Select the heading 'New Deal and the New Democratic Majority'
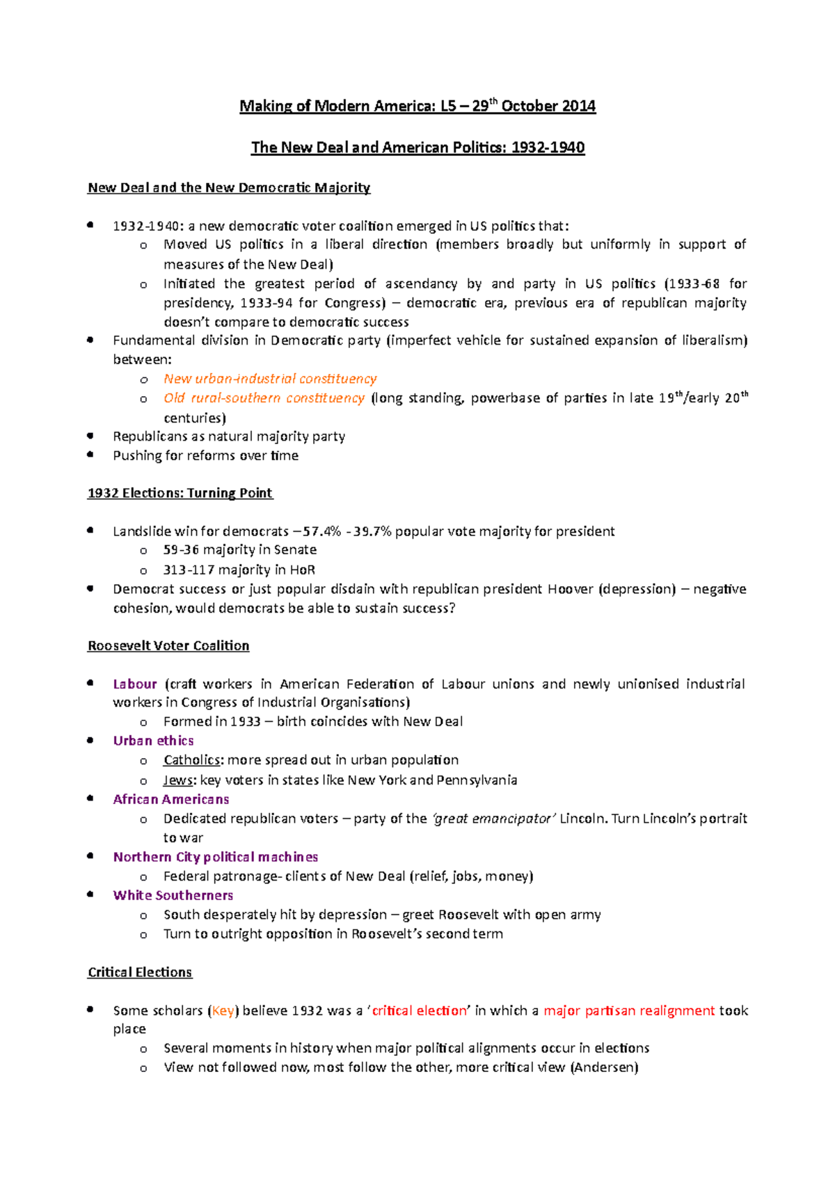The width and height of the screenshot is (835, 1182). pyautogui.click(x=228, y=188)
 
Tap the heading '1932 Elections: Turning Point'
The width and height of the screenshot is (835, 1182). pyautogui.click(x=180, y=493)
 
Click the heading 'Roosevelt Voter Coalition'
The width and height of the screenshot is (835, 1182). pyautogui.click(x=168, y=646)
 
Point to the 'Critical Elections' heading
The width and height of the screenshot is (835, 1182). pyautogui.click(x=139, y=972)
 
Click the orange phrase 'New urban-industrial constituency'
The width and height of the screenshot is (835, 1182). pyautogui.click(x=270, y=379)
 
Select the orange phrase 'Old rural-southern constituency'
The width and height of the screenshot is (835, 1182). pyautogui.click(x=264, y=398)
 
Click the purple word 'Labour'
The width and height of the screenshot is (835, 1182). pyautogui.click(x=135, y=684)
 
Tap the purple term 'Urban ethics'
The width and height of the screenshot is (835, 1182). pyautogui.click(x=153, y=741)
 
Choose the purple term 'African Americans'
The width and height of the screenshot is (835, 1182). pyautogui.click(x=170, y=799)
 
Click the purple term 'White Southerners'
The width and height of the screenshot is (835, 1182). pyautogui.click(x=173, y=895)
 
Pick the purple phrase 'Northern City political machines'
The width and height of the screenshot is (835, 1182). pyautogui.click(x=215, y=857)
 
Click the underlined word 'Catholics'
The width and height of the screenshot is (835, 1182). pyautogui.click(x=191, y=760)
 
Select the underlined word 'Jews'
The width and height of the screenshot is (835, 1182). pyautogui.click(x=177, y=780)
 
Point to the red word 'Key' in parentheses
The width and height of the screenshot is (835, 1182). pyautogui.click(x=223, y=1011)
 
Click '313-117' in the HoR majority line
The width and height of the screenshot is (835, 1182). pyautogui.click(x=189, y=570)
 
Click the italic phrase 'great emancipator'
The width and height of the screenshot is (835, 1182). pyautogui.click(x=494, y=819)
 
